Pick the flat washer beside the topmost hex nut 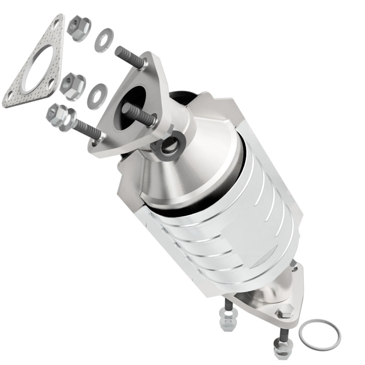(104, 40)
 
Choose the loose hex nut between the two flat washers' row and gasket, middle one (72, 85)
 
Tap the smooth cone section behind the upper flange (201, 151)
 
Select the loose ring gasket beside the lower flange (319, 332)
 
